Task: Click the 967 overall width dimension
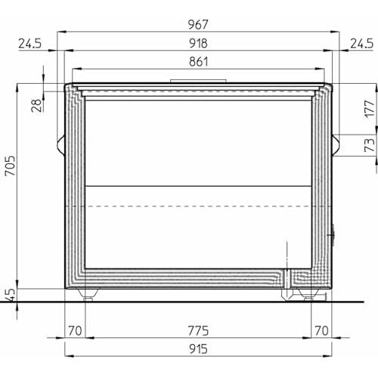(198, 25)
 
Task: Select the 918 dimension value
(198, 43)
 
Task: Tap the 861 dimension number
(199, 62)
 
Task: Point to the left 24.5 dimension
(29, 44)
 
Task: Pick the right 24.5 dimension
(361, 44)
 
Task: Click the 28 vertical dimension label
(37, 105)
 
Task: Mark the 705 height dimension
(11, 166)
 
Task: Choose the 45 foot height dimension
(11, 295)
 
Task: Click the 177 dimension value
(370, 109)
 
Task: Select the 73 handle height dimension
(370, 145)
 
